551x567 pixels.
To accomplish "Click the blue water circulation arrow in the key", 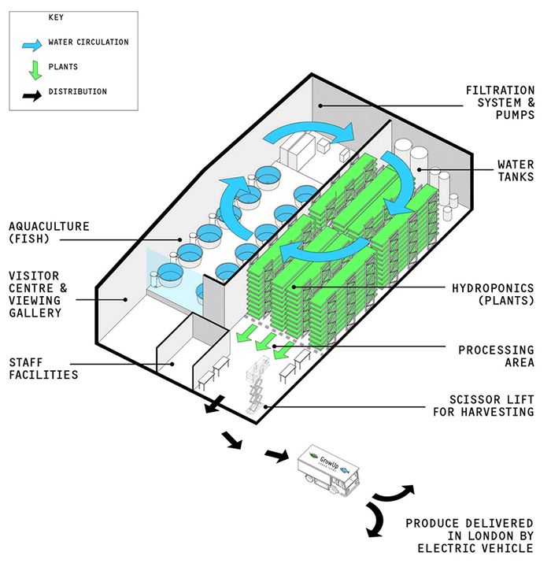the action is tap(31, 45).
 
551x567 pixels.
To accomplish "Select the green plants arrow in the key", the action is tap(35, 70).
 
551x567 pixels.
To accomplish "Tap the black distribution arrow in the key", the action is tap(32, 96).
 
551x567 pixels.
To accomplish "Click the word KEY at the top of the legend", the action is tap(56, 17).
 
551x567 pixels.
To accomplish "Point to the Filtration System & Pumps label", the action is tap(500, 102).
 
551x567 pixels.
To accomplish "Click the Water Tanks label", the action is tap(516, 170).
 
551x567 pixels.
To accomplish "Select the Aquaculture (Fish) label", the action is tap(49, 232).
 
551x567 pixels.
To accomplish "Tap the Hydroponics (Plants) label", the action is tap(494, 294).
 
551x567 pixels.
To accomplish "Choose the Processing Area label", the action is tap(496, 356).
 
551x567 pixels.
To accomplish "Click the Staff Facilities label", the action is tap(43, 368).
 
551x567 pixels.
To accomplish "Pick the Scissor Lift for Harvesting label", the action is tap(483, 406).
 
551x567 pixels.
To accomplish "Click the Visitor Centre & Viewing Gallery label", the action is tap(38, 294).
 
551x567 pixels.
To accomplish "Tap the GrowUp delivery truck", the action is tap(329, 469).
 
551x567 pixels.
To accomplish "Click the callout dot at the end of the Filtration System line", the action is tap(320, 106).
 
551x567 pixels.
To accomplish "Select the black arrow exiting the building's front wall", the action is tap(214, 403).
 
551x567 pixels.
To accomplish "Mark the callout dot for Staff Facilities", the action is tap(172, 364).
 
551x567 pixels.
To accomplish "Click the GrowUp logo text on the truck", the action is tap(329, 462).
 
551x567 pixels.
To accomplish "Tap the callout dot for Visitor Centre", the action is tap(125, 299).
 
